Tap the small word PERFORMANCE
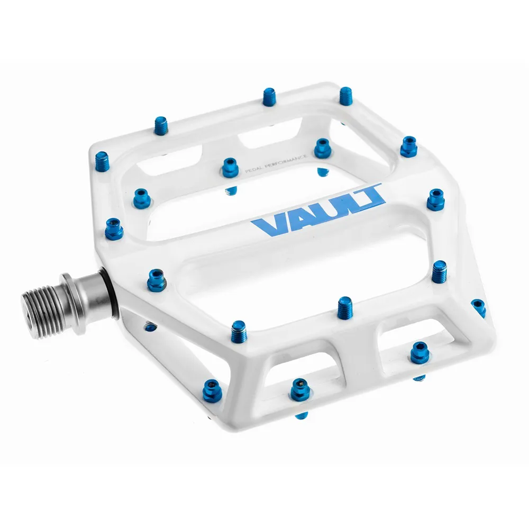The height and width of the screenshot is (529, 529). pos(288,160)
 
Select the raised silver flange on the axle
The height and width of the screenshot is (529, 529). pos(71,294)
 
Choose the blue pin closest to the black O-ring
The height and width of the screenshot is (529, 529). pos(157,278)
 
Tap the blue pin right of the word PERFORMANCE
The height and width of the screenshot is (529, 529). pos(322,148)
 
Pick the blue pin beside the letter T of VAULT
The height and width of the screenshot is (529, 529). pos(436,199)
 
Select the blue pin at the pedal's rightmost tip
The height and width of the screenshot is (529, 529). pos(479,307)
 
